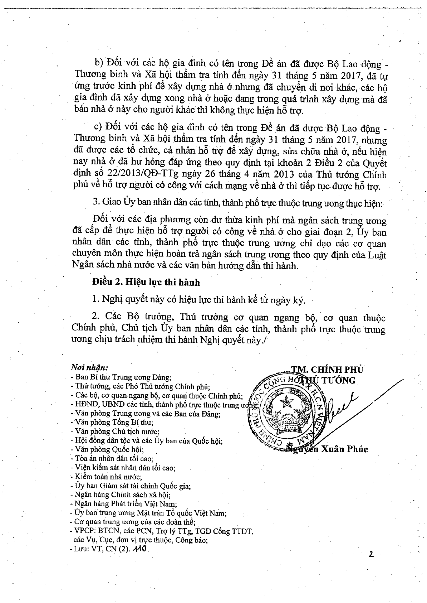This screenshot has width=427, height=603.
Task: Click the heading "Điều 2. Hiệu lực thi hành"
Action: coord(146,283)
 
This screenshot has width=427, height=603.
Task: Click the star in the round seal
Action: coord(286,402)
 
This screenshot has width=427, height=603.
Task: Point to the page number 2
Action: coord(371,555)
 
